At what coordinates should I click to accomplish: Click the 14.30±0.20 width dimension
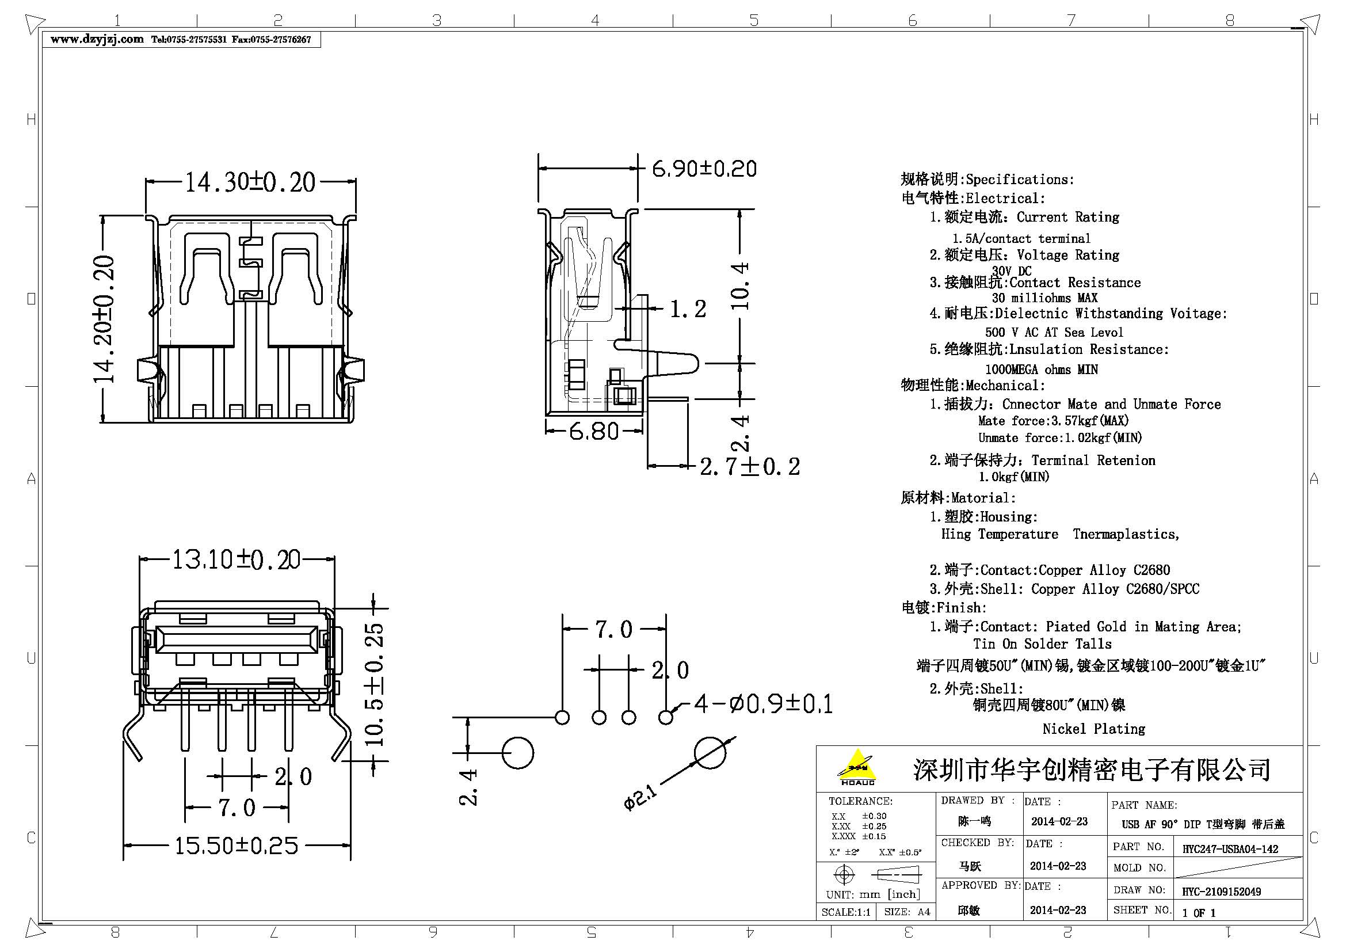point(250,182)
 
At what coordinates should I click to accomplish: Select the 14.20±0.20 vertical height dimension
point(104,319)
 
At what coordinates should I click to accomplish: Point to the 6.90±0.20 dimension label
point(704,169)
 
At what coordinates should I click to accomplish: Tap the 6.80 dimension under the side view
point(594,432)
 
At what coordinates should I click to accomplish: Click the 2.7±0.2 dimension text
point(750,467)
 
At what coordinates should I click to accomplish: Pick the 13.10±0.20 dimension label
point(237,560)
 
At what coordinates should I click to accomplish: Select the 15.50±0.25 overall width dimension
point(237,846)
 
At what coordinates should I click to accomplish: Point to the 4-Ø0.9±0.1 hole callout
point(763,703)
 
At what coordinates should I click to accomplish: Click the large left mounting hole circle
point(518,753)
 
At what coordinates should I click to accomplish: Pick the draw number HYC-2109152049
point(1221,892)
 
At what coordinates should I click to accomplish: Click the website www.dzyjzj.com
point(97,39)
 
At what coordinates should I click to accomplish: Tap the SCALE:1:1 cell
point(846,912)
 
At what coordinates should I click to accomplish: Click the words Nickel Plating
point(1093,729)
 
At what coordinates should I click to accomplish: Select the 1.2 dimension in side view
point(688,309)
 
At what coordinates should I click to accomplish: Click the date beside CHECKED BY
point(1058,866)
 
